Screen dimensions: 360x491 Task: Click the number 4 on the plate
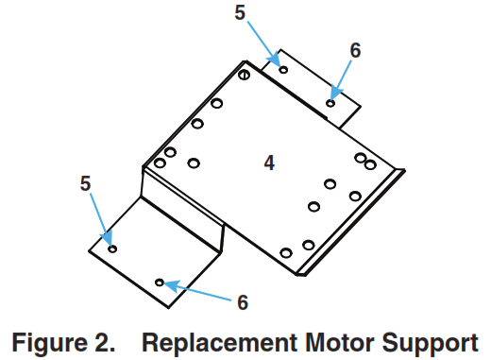click(x=269, y=163)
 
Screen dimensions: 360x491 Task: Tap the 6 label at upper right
click(x=355, y=49)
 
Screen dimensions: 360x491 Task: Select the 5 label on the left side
click(x=86, y=183)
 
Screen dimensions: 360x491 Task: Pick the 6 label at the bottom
click(x=243, y=302)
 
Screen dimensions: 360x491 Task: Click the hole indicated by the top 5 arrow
click(x=282, y=69)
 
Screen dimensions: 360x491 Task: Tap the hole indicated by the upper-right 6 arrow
click(x=330, y=103)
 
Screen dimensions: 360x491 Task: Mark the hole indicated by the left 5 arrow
click(x=113, y=249)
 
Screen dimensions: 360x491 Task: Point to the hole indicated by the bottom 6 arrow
click(x=161, y=282)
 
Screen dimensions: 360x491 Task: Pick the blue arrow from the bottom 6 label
click(x=198, y=291)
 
